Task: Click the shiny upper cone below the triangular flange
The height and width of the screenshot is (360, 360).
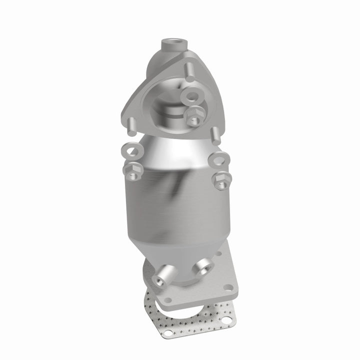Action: (x=170, y=147)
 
